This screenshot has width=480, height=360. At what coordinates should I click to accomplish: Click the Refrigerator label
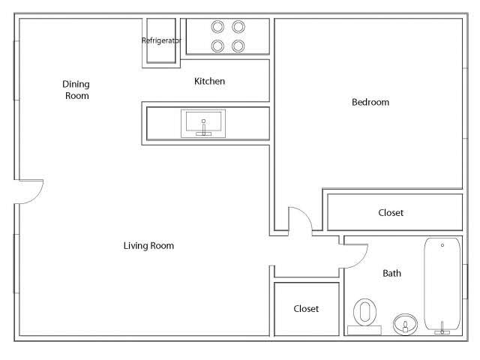coord(161,40)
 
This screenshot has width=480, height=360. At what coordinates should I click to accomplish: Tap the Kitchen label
coord(209,81)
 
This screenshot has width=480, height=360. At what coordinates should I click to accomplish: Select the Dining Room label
coord(76,90)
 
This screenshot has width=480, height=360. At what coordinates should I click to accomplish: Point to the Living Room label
coord(148,245)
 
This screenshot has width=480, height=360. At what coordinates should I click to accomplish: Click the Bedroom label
coord(370,102)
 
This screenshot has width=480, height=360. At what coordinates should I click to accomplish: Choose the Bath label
coord(391,273)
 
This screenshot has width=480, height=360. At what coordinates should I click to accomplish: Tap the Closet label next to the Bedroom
coord(391,213)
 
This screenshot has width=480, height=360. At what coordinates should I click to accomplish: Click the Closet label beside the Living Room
coord(306,309)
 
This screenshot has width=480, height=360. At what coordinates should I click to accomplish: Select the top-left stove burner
coord(218,27)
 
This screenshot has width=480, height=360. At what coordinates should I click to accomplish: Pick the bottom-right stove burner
coord(238,46)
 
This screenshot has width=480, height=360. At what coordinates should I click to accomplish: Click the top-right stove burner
coord(238,27)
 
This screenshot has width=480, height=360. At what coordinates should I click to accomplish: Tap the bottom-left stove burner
coord(218,46)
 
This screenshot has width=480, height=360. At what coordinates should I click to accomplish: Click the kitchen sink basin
coord(202,122)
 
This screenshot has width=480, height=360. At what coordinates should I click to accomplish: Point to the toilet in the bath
coord(365,311)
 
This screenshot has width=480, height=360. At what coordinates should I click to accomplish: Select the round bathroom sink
coord(405,324)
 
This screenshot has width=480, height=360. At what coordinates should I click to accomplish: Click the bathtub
coord(442,283)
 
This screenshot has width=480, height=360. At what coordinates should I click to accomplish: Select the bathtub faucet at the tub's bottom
coord(442,327)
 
